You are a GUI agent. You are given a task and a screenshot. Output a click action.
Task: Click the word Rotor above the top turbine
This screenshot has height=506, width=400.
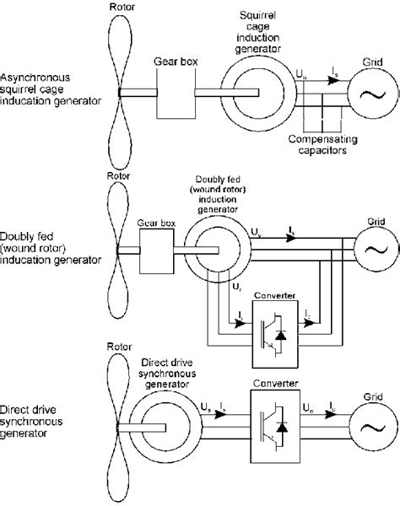(x=121, y=8)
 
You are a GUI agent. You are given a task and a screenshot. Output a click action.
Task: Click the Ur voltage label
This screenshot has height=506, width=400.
(x=234, y=288)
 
